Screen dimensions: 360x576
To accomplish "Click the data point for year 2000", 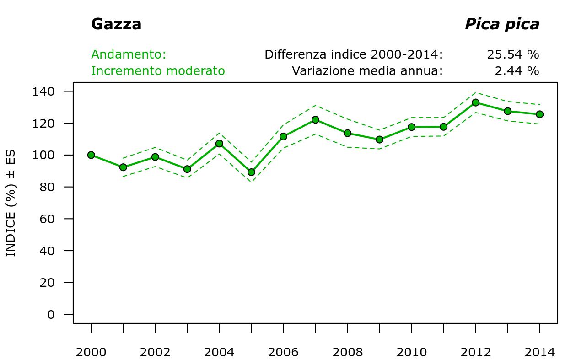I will pyautogui.click(x=91, y=155).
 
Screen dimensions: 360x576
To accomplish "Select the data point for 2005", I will pyautogui.click(x=251, y=172).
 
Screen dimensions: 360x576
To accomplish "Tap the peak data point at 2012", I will pyautogui.click(x=475, y=102).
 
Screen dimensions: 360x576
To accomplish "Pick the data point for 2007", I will pyautogui.click(x=315, y=120).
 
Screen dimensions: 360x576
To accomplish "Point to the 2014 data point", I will pyautogui.click(x=539, y=114).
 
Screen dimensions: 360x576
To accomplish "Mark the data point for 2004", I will pyautogui.click(x=219, y=144).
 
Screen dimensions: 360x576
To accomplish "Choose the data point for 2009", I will pyautogui.click(x=379, y=140).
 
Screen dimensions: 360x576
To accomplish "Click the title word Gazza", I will pyautogui.click(x=116, y=24).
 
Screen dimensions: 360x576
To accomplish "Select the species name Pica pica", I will pyautogui.click(x=502, y=24).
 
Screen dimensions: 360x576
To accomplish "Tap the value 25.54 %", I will pyautogui.click(x=513, y=54).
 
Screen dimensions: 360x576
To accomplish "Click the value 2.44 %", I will pyautogui.click(x=517, y=71).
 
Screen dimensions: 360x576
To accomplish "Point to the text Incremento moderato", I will pyautogui.click(x=158, y=71).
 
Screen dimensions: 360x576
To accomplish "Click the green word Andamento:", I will pyautogui.click(x=129, y=54).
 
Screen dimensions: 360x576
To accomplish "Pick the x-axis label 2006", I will pyautogui.click(x=283, y=352).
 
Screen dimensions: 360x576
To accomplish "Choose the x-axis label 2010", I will pyautogui.click(x=411, y=352).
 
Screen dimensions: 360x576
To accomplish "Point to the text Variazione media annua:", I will pyautogui.click(x=367, y=71).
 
